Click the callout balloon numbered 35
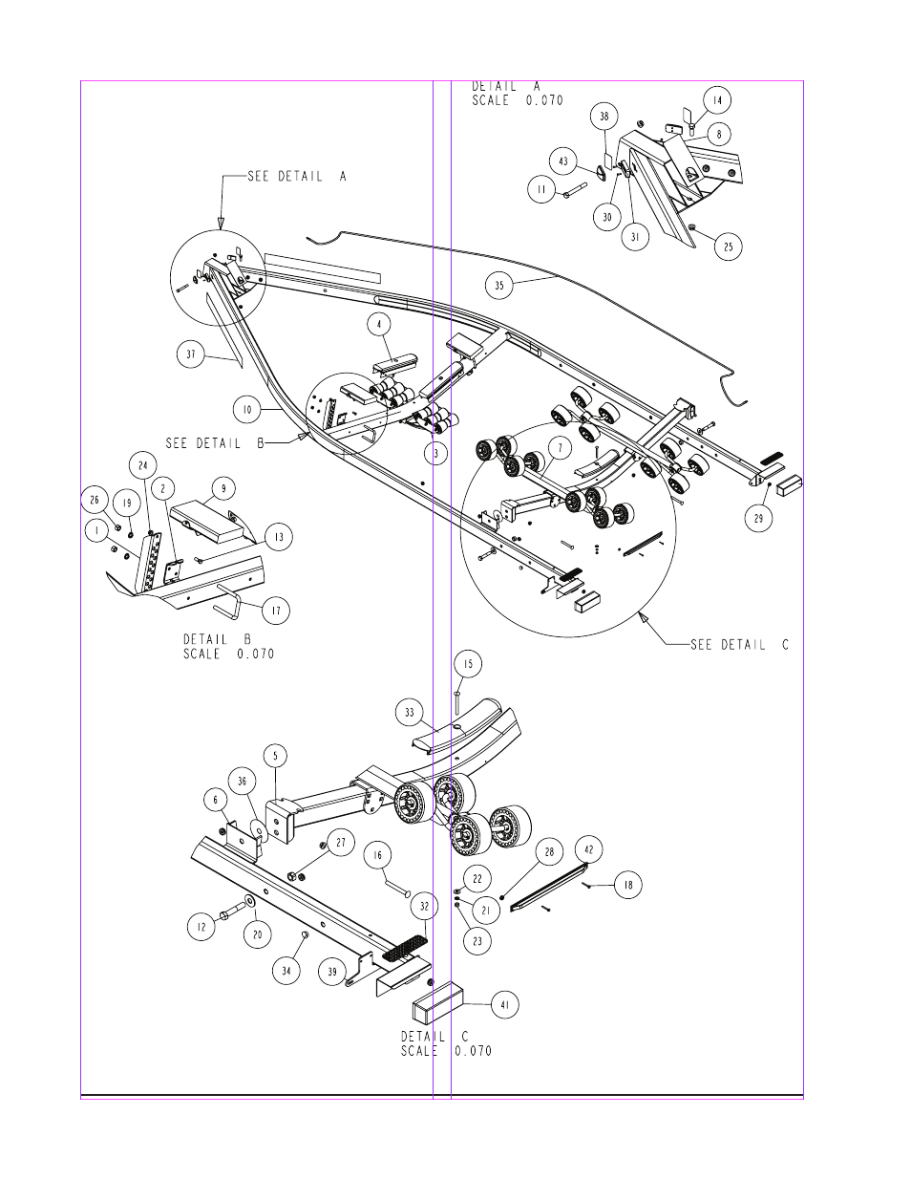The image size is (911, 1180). click(499, 285)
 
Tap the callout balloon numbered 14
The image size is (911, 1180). click(717, 100)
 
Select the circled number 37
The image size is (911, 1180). click(191, 354)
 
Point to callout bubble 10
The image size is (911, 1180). click(247, 410)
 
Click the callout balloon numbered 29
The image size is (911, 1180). click(758, 518)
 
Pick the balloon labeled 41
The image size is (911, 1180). click(504, 1004)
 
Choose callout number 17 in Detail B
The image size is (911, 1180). click(276, 611)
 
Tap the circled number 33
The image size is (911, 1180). click(410, 712)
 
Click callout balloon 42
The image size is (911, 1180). click(588, 849)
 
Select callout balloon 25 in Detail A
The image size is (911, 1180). click(729, 247)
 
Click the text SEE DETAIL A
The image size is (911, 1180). click(297, 176)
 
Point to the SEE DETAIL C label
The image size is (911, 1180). click(739, 645)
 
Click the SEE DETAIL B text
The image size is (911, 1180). click(215, 443)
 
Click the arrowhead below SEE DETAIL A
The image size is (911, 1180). click(221, 223)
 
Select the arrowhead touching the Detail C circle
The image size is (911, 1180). click(644, 617)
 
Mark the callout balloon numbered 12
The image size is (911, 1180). click(201, 927)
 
